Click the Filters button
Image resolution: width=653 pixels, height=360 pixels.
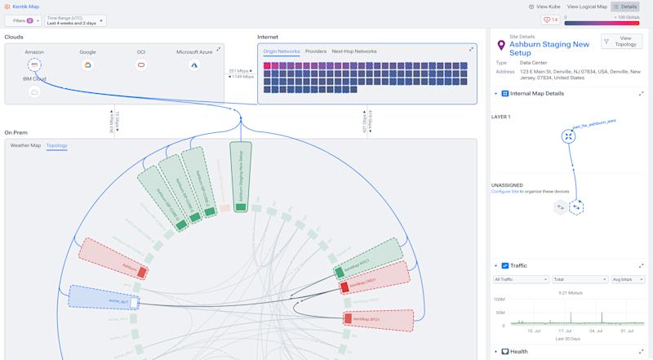(x=23, y=20)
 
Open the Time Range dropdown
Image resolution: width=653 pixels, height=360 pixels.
(x=76, y=20)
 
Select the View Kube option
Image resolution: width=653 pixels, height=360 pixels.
(x=544, y=7)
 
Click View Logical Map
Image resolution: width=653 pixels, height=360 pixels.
(x=587, y=7)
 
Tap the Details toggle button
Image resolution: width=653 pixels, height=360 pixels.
(x=625, y=7)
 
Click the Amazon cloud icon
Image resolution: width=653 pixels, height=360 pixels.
(x=34, y=64)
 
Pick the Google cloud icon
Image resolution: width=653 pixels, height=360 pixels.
(x=87, y=64)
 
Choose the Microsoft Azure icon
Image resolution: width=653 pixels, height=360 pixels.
(x=194, y=64)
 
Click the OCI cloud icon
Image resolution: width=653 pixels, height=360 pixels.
(x=141, y=64)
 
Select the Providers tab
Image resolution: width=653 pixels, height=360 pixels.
(x=316, y=51)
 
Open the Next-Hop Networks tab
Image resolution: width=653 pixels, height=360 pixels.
(x=354, y=51)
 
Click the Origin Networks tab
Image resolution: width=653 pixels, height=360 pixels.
(x=282, y=51)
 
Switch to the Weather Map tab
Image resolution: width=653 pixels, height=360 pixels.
(x=25, y=145)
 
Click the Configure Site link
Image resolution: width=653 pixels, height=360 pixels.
(x=508, y=191)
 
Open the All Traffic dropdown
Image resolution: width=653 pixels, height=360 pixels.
(x=521, y=279)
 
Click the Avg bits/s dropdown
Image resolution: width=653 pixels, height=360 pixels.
(x=629, y=279)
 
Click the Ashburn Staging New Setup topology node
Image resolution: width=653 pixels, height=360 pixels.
(x=241, y=176)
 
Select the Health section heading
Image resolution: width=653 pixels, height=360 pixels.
(x=519, y=352)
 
